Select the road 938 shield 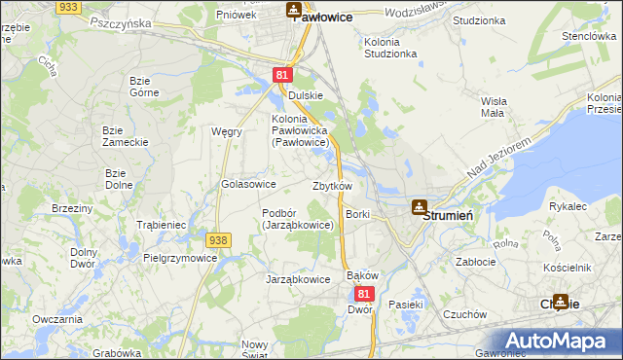click(x=218, y=239)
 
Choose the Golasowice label click(x=249, y=184)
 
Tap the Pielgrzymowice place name click(x=180, y=259)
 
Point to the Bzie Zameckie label click(x=126, y=136)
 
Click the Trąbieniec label click(x=161, y=225)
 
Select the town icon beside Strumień click(x=419, y=206)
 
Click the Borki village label click(x=358, y=213)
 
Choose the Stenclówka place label click(x=585, y=36)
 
